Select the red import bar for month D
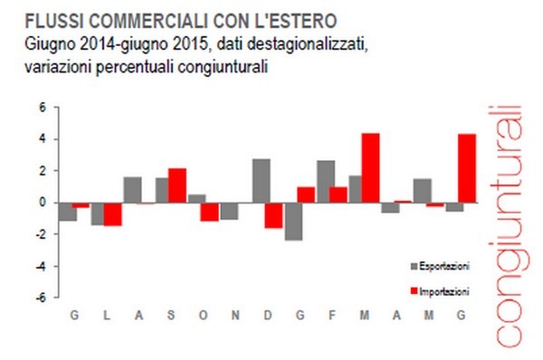tap(273, 214)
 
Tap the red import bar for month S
tap(177, 185)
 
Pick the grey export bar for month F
tap(326, 181)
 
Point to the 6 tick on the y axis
tap(43, 107)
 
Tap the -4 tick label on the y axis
tap(41, 266)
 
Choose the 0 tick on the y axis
tap(43, 203)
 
